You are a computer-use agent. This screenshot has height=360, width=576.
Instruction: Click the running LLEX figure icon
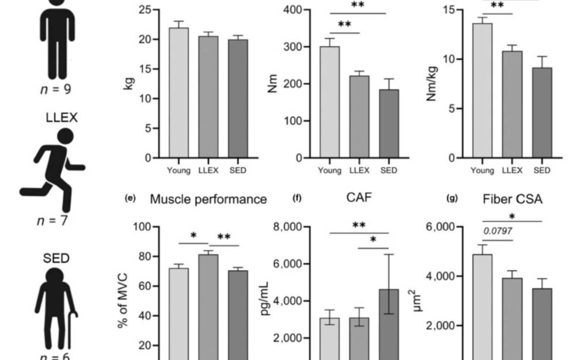tap(52, 171)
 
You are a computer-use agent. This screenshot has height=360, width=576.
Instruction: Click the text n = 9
tap(57, 89)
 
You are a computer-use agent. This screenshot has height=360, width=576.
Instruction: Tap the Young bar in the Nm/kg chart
tap(482, 91)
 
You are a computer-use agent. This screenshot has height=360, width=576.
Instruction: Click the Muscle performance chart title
tap(208, 200)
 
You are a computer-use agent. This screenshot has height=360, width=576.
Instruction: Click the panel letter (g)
tap(452, 199)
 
